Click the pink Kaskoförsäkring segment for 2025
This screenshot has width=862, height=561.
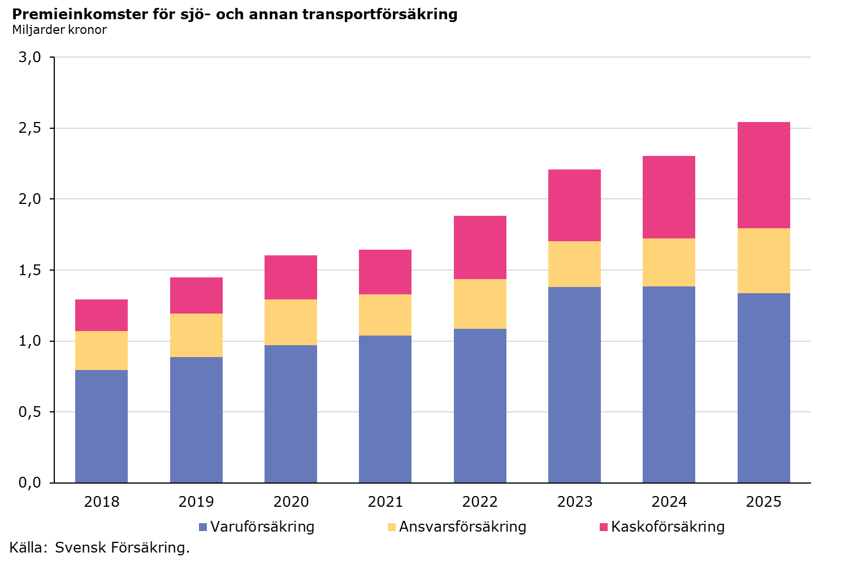pos(764,175)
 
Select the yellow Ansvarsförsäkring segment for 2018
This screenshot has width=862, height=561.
pos(101,351)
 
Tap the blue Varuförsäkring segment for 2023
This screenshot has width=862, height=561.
pos(574,385)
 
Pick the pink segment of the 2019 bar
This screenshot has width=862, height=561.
pos(196,295)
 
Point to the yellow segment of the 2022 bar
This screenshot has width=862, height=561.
pos(480,304)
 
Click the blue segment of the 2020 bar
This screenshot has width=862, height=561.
pos(291,414)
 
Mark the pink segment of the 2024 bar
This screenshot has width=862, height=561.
pos(669,197)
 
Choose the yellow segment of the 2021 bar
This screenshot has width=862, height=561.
pos(385,315)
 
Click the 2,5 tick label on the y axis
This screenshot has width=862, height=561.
pos(29,128)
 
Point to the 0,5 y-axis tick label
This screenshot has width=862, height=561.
pos(29,412)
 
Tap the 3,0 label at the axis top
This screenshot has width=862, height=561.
pos(29,57)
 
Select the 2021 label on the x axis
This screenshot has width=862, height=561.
pos(385,502)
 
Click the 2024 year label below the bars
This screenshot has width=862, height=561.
pos(669,502)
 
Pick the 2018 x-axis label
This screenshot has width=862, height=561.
pos(102,502)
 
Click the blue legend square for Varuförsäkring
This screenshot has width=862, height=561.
pos(203,527)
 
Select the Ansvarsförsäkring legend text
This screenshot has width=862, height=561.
pos(462,527)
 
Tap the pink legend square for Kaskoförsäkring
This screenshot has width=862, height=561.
pos(604,527)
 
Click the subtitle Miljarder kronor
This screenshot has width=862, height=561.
pos(59,29)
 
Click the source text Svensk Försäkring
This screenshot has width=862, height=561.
pos(122,547)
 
